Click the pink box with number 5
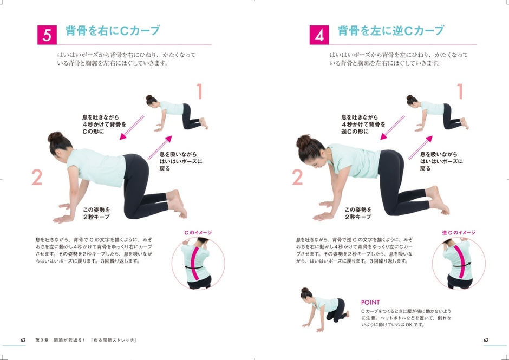tap(47, 35)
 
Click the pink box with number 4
tap(319, 35)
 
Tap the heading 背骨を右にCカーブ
tap(113, 31)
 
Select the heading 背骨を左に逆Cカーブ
tap(390, 31)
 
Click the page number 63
tap(23, 340)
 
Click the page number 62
tap(486, 340)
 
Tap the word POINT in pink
tap(370, 303)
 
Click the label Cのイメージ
tap(198, 232)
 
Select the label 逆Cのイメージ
tap(459, 232)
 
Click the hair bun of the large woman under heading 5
tap(55, 136)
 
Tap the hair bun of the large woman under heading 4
tap(304, 142)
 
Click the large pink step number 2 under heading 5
tap(37, 178)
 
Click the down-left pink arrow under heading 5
tap(132, 128)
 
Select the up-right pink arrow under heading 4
tap(420, 148)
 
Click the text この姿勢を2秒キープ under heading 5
tap(96, 213)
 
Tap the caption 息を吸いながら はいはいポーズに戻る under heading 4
tap(441, 161)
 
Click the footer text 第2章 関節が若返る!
tap(60, 340)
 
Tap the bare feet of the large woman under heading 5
tap(177, 203)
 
